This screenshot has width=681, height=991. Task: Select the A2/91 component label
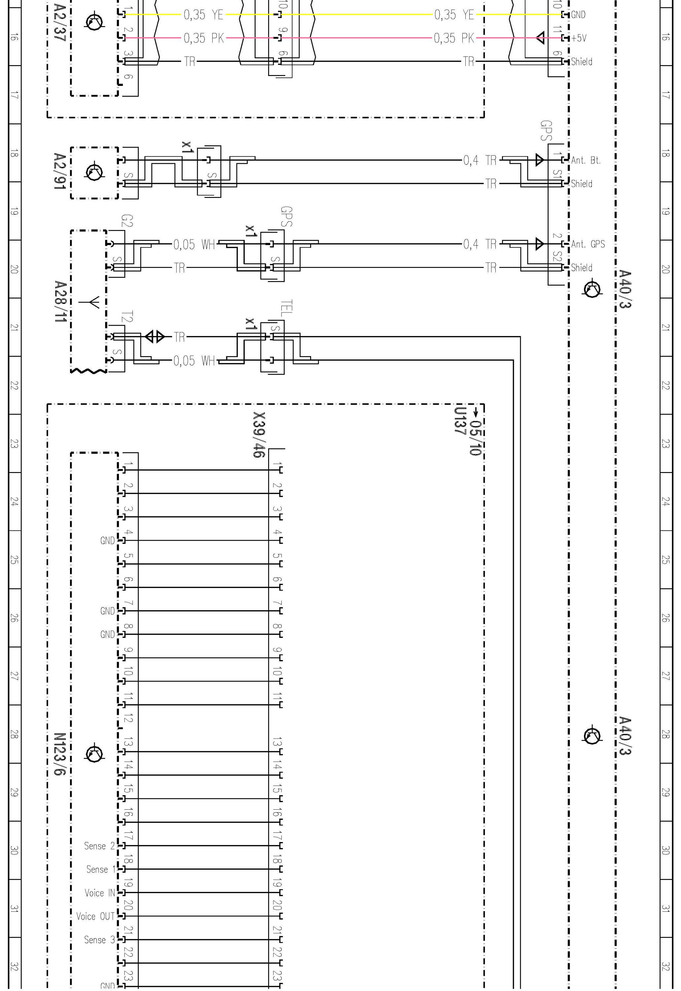(59, 171)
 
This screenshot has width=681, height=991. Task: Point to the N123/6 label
(59, 754)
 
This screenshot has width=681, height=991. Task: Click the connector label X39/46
(259, 434)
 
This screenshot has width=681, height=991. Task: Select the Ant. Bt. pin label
(586, 161)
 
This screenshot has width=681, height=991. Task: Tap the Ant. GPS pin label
(588, 244)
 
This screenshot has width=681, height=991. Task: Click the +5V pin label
(579, 38)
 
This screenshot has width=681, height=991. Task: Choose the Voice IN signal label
(100, 893)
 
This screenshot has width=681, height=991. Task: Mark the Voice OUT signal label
(95, 916)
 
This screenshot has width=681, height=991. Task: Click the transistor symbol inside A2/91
(94, 172)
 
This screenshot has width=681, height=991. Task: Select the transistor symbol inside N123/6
(94, 754)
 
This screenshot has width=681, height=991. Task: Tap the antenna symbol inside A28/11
(94, 302)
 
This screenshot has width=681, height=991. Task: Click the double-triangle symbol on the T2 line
(155, 337)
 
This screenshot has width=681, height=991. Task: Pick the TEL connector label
(286, 308)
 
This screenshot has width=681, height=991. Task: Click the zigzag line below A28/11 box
(88, 372)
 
